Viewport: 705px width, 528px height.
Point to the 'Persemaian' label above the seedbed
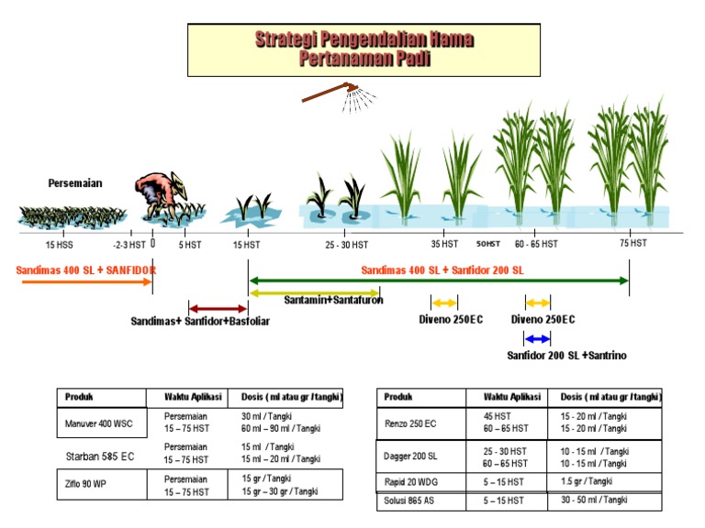coord(75,183)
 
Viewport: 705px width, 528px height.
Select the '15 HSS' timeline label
coord(60,245)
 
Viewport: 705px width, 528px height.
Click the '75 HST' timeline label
coord(632,244)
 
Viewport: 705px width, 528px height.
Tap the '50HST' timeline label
coord(487,244)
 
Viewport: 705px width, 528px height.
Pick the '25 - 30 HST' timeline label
coord(346,245)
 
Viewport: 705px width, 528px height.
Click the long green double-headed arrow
coord(439,280)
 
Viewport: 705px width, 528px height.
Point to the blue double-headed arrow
coord(537,339)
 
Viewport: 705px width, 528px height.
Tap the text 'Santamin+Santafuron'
coord(332,300)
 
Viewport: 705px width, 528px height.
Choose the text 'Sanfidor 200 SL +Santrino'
coord(567,356)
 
